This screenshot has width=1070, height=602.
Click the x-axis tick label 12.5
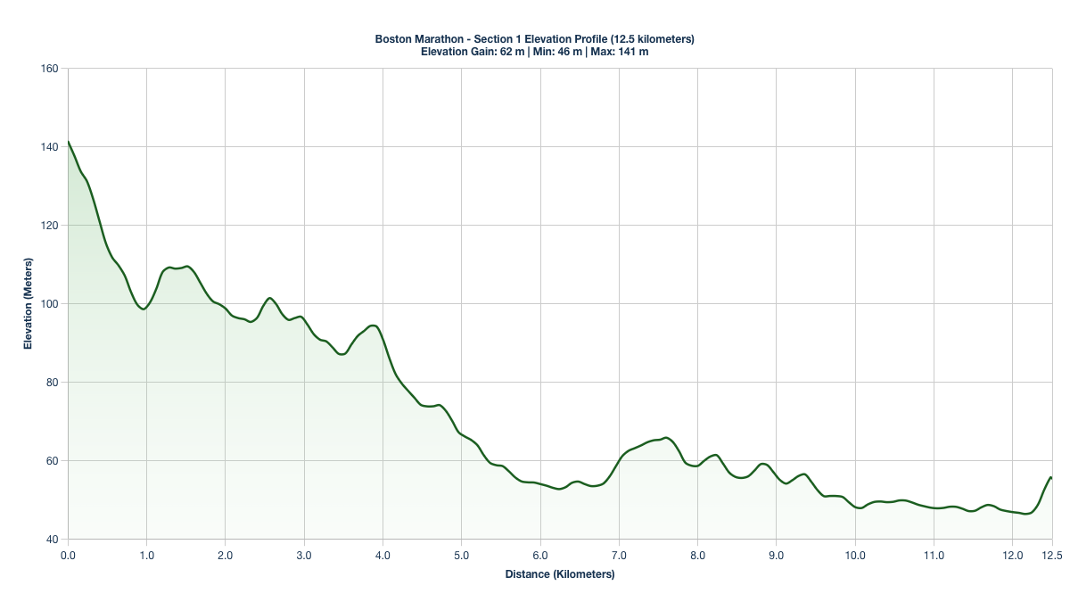pyautogui.click(x=1052, y=555)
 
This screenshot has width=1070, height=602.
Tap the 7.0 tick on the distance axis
pyautogui.click(x=619, y=555)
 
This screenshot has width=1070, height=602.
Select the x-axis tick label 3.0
pyautogui.click(x=304, y=555)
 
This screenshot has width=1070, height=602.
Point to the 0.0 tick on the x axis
pyautogui.click(x=68, y=555)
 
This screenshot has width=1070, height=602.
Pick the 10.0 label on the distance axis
pyautogui.click(x=855, y=555)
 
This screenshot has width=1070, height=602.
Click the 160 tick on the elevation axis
pyautogui.click(x=49, y=69)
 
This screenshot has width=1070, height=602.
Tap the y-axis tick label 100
pyautogui.click(x=49, y=304)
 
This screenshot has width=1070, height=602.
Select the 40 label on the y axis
pyautogui.click(x=52, y=540)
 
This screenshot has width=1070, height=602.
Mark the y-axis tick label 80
pyautogui.click(x=52, y=383)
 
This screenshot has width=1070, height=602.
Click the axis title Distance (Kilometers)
pyautogui.click(x=560, y=574)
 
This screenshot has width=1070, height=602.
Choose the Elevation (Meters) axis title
pyautogui.click(x=28, y=304)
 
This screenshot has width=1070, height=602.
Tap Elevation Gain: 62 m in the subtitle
pyautogui.click(x=473, y=52)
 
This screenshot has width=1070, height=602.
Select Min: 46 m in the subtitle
pyautogui.click(x=556, y=52)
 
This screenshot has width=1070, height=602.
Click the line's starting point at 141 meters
pyautogui.click(x=68, y=142)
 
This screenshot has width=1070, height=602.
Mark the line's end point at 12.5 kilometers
pyautogui.click(x=1052, y=478)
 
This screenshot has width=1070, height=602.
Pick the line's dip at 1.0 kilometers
pyautogui.click(x=144, y=309)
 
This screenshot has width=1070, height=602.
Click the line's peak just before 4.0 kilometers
pyautogui.click(x=373, y=326)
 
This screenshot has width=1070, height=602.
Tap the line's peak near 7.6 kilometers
pyautogui.click(x=666, y=438)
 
